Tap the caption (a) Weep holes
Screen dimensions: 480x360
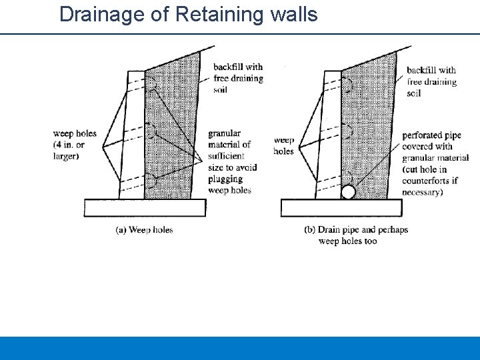144,230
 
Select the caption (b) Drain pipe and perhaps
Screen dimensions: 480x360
356,230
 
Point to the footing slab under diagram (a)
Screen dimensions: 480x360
145,208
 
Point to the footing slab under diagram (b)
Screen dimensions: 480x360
341,208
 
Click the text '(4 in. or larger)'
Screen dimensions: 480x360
69,150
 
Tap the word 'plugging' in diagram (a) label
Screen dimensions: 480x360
225,179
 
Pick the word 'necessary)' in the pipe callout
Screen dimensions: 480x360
423,192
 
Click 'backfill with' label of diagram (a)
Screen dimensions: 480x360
238,67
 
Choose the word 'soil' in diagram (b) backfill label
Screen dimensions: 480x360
413,93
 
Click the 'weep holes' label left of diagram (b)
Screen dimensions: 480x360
284,146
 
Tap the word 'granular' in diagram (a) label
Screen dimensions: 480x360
225,134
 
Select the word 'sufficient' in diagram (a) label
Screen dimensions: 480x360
226,156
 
